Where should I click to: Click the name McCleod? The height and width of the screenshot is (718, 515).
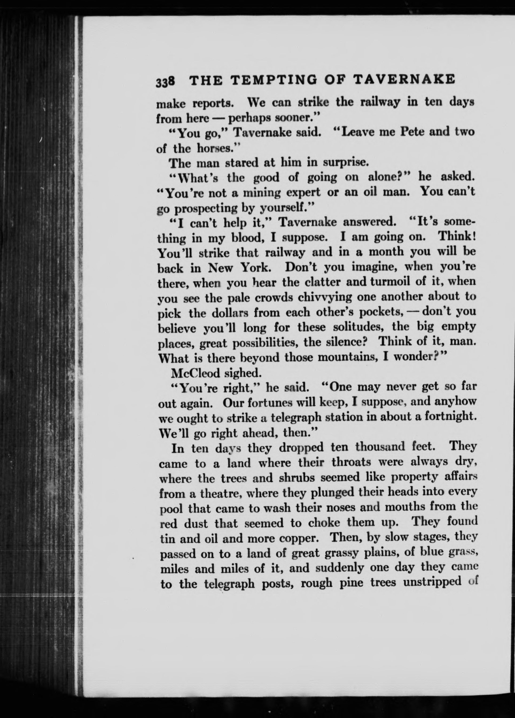[195, 374]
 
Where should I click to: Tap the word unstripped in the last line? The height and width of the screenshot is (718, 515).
[432, 583]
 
